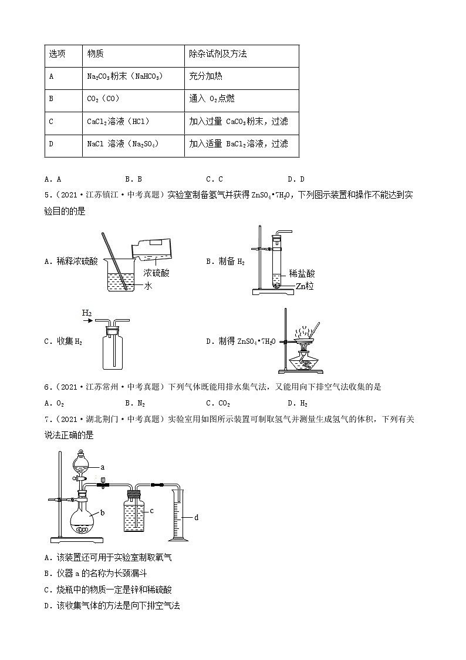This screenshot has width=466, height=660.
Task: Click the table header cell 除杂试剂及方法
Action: coord(218,53)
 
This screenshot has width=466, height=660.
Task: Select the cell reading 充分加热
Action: coord(205,76)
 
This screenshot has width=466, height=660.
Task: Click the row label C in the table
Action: coord(51,122)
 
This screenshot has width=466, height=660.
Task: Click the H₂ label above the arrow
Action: coord(87,314)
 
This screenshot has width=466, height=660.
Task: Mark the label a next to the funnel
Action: coord(102,467)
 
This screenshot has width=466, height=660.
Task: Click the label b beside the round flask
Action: coord(102,513)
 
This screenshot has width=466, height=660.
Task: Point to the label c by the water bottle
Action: coord(151,511)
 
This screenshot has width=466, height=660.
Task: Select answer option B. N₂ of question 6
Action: coord(134,403)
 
